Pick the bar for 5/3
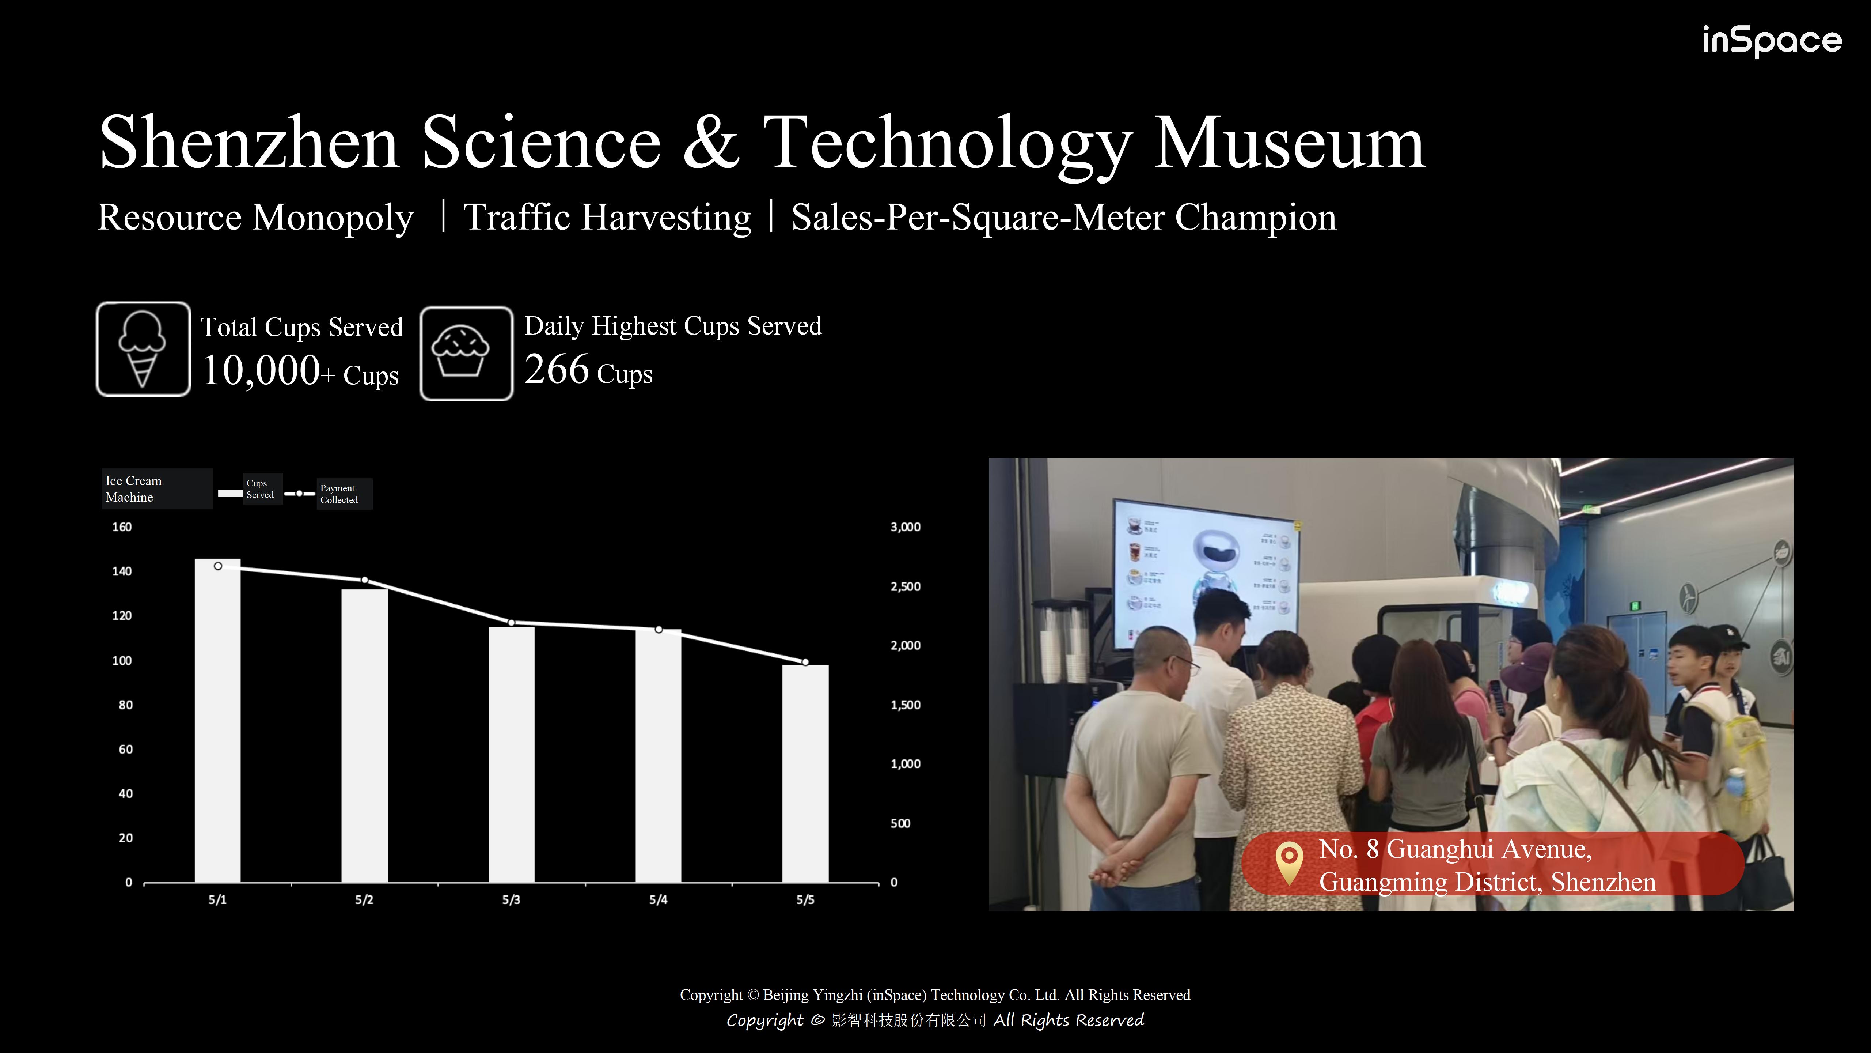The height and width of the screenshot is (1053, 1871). (511, 754)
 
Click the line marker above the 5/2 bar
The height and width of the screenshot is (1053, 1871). (365, 580)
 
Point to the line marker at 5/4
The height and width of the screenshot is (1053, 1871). (659, 629)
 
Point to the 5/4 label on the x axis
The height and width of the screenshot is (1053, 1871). (658, 900)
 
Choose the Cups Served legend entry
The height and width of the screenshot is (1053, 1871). (247, 489)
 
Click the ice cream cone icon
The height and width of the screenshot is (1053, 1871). (143, 349)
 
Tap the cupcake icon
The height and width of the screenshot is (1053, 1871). (466, 353)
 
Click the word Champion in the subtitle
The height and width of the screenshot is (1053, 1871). (1256, 217)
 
